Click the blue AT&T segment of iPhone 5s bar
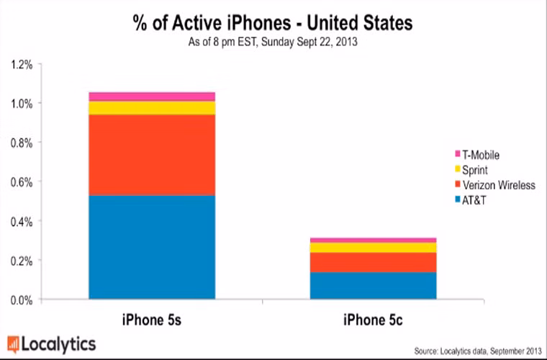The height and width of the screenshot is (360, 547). point(152,246)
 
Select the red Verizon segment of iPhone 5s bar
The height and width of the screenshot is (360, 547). point(152,155)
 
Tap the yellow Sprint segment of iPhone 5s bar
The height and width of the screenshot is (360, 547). point(152,108)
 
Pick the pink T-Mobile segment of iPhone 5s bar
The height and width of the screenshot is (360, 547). point(152,96)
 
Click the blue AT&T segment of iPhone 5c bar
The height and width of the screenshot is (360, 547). point(373,285)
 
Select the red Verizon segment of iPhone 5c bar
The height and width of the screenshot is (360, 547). point(373,262)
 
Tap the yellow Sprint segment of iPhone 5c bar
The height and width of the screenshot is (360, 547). point(373,247)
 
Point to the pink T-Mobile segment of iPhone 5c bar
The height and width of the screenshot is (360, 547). point(373,240)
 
